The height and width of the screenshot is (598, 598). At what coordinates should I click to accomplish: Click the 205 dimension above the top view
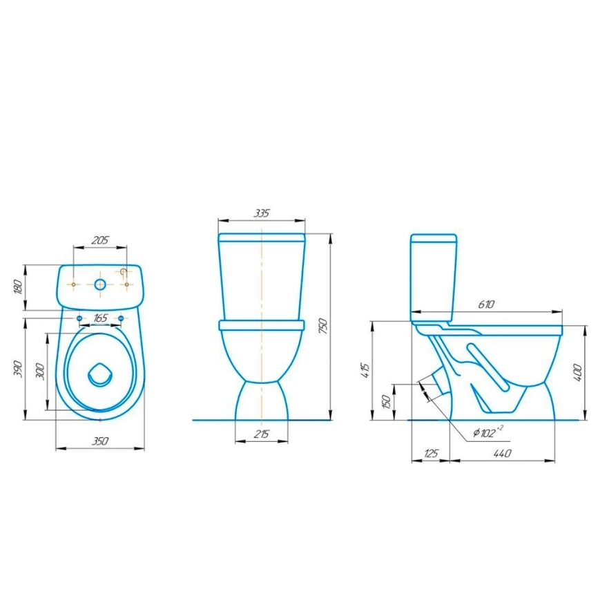click(100, 240)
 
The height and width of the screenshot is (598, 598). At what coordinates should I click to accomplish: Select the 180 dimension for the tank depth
click(18, 287)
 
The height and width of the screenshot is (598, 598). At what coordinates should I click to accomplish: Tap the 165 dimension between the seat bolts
click(100, 318)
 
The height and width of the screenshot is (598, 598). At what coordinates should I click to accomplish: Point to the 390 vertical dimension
click(18, 369)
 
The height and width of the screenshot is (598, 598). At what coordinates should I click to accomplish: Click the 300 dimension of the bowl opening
click(40, 372)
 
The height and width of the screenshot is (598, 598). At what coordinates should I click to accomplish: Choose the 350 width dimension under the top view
click(100, 441)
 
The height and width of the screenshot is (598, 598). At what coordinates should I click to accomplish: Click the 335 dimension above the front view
click(262, 213)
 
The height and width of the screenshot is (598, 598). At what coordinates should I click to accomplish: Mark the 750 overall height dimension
click(322, 327)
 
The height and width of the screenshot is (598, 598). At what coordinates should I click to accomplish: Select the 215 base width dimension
click(262, 434)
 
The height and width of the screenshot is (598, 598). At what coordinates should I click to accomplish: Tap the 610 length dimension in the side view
click(486, 305)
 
